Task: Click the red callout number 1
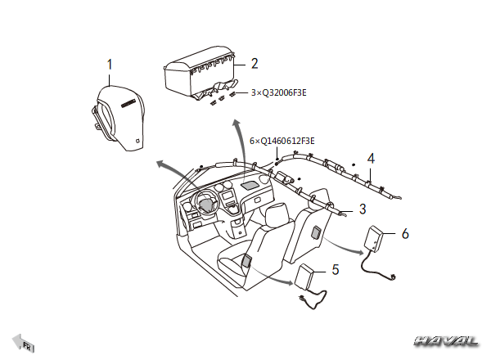coord(110,63)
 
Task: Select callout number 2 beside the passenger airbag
coord(255,63)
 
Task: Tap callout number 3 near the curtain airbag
coord(362,210)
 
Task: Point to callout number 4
coord(371,158)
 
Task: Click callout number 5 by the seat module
coord(335,268)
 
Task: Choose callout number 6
coord(404,233)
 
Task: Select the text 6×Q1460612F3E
coord(282,142)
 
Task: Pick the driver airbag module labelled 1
coord(120,113)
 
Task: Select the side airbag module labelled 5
coord(309,278)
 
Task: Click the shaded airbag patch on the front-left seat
coord(245,263)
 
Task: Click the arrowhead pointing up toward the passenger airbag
coord(237,123)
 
